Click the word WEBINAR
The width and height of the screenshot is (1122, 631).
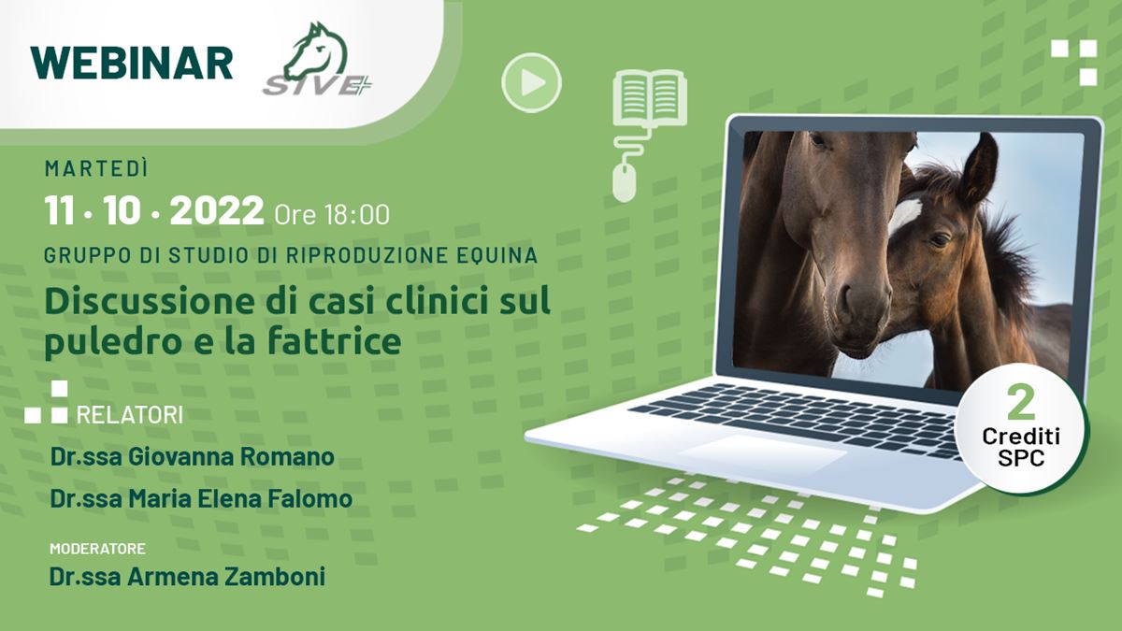pyautogui.click(x=132, y=64)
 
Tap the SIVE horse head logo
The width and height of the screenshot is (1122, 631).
pyautogui.click(x=318, y=59)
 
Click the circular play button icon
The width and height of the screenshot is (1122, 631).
pyautogui.click(x=531, y=82)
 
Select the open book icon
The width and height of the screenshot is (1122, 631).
pyautogui.click(x=650, y=97)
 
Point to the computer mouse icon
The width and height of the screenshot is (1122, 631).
pyautogui.click(x=625, y=183)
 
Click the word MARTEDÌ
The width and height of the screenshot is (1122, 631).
pyautogui.click(x=96, y=169)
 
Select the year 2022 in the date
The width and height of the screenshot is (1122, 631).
pyautogui.click(x=216, y=211)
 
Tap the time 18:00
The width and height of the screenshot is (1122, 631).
pyautogui.click(x=356, y=215)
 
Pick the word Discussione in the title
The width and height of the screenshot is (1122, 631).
pyautogui.click(x=149, y=301)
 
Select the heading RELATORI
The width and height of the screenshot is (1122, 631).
pyautogui.click(x=129, y=415)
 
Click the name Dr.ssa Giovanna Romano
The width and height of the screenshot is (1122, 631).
pyautogui.click(x=193, y=457)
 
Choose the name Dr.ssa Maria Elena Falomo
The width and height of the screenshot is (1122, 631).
pyautogui.click(x=201, y=499)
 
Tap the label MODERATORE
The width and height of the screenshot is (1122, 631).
pyautogui.click(x=97, y=549)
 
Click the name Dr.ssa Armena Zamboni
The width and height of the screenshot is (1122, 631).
pyautogui.click(x=187, y=577)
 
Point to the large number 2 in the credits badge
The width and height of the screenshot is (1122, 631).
pyautogui.click(x=1021, y=404)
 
